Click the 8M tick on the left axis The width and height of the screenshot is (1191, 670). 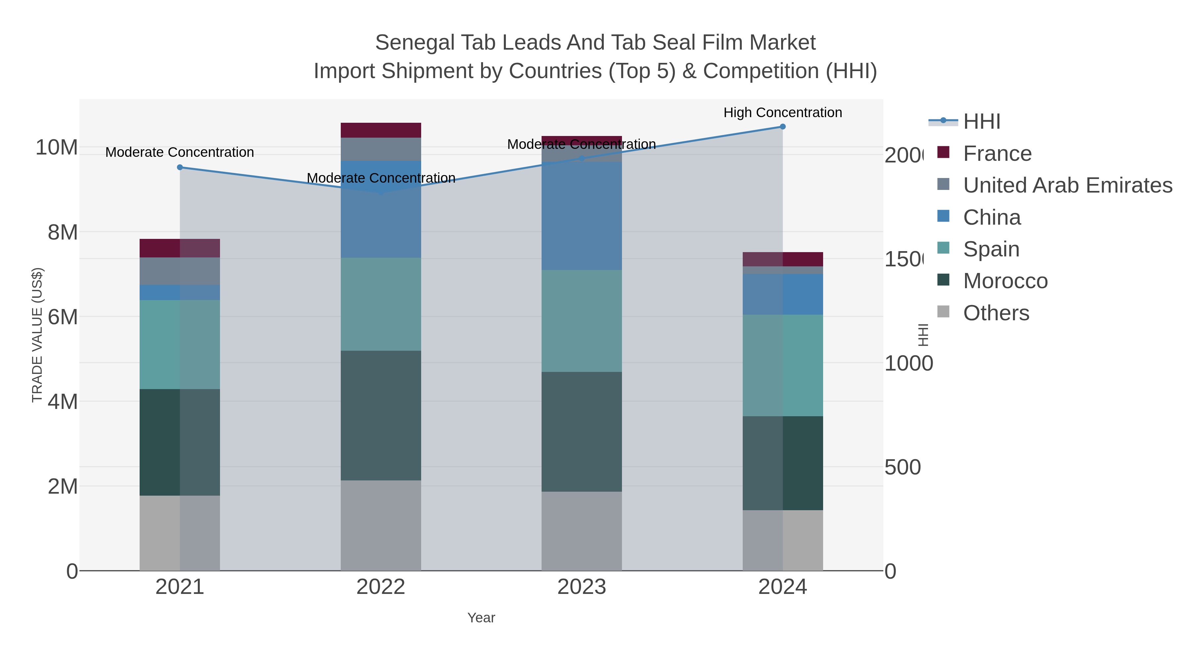coord(63,232)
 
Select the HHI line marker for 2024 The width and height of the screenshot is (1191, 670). coord(782,127)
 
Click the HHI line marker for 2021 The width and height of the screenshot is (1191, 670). coord(180,167)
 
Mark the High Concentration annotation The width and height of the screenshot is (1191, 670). coord(782,112)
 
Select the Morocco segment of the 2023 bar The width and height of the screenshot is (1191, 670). coord(581,431)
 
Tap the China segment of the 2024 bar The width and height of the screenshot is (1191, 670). coord(782,294)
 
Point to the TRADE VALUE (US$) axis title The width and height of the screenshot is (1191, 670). coord(37,335)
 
